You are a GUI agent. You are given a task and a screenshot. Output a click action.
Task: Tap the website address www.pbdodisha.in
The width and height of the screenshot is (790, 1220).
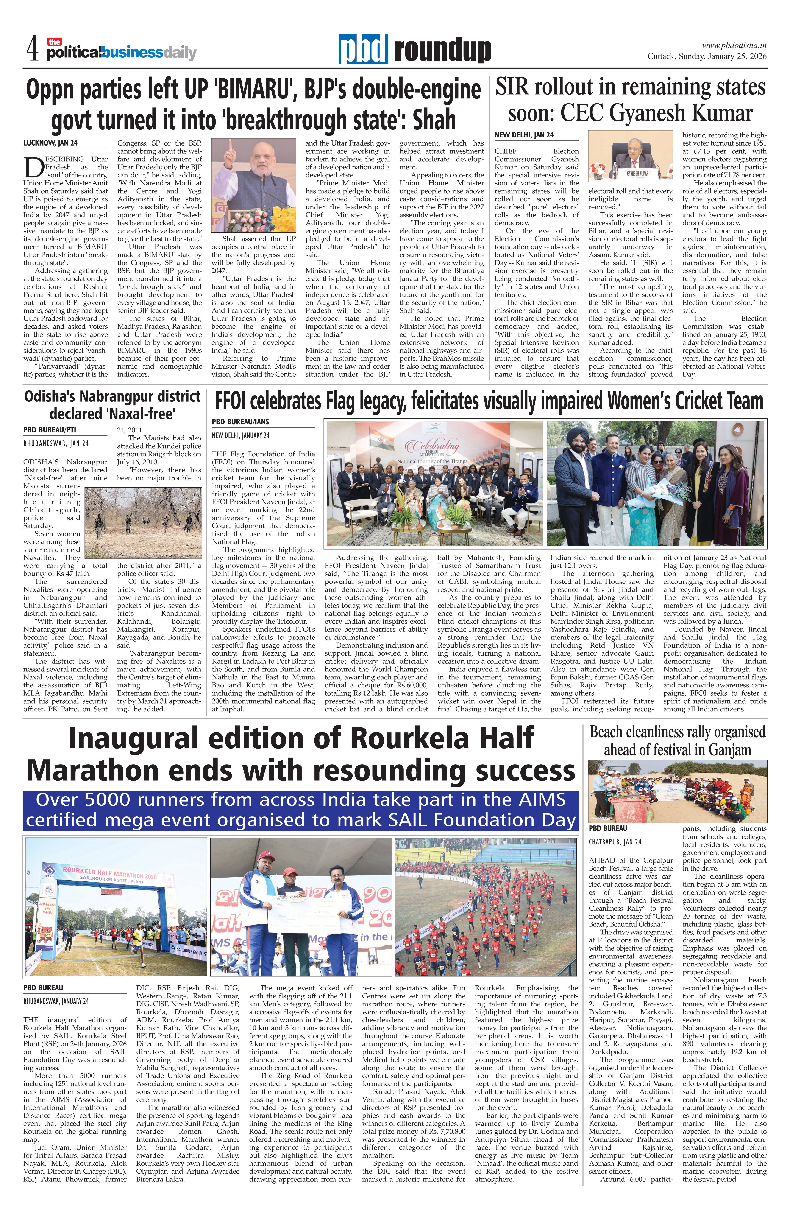tap(734, 45)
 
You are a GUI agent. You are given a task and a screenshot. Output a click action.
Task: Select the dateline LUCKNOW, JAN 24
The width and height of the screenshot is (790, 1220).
tap(50, 143)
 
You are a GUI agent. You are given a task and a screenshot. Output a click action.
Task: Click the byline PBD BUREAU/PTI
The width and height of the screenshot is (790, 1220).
tap(50, 429)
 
